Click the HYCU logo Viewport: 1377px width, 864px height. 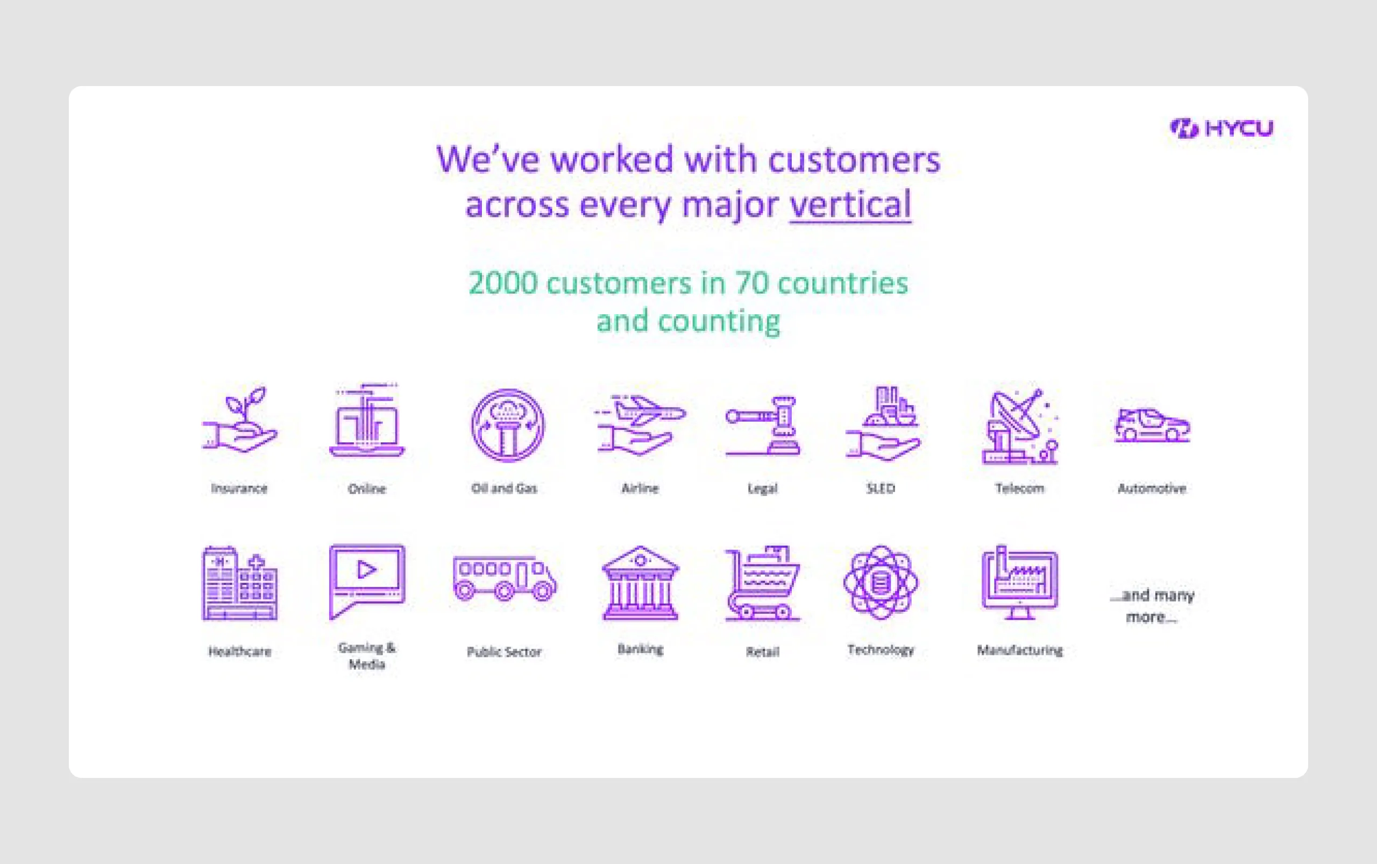point(1222,129)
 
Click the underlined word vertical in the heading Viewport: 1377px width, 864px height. point(850,204)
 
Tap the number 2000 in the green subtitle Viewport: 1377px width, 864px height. point(503,283)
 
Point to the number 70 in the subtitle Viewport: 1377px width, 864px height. point(751,283)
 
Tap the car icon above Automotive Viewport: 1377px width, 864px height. point(1152,425)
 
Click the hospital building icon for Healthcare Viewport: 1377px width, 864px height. point(239,583)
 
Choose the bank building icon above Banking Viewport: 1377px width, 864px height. point(641,583)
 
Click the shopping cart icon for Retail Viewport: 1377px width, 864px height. point(763,583)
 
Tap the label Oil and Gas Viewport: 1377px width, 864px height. point(504,488)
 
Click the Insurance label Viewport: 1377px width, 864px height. point(239,488)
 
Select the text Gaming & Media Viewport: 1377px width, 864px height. point(367,655)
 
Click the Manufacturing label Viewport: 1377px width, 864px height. point(1020,650)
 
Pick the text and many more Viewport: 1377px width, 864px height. point(1152,606)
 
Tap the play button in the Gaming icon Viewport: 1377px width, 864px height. point(366,570)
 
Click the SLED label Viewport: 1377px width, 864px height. point(881,488)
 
